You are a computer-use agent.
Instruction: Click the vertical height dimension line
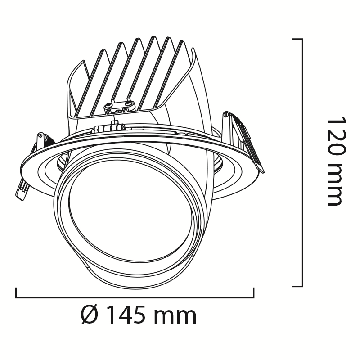coord(302,162)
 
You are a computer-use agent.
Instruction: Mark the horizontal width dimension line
coord(135,298)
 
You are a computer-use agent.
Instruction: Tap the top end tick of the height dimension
coord(298,39)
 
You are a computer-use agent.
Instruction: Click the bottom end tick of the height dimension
coord(298,286)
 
